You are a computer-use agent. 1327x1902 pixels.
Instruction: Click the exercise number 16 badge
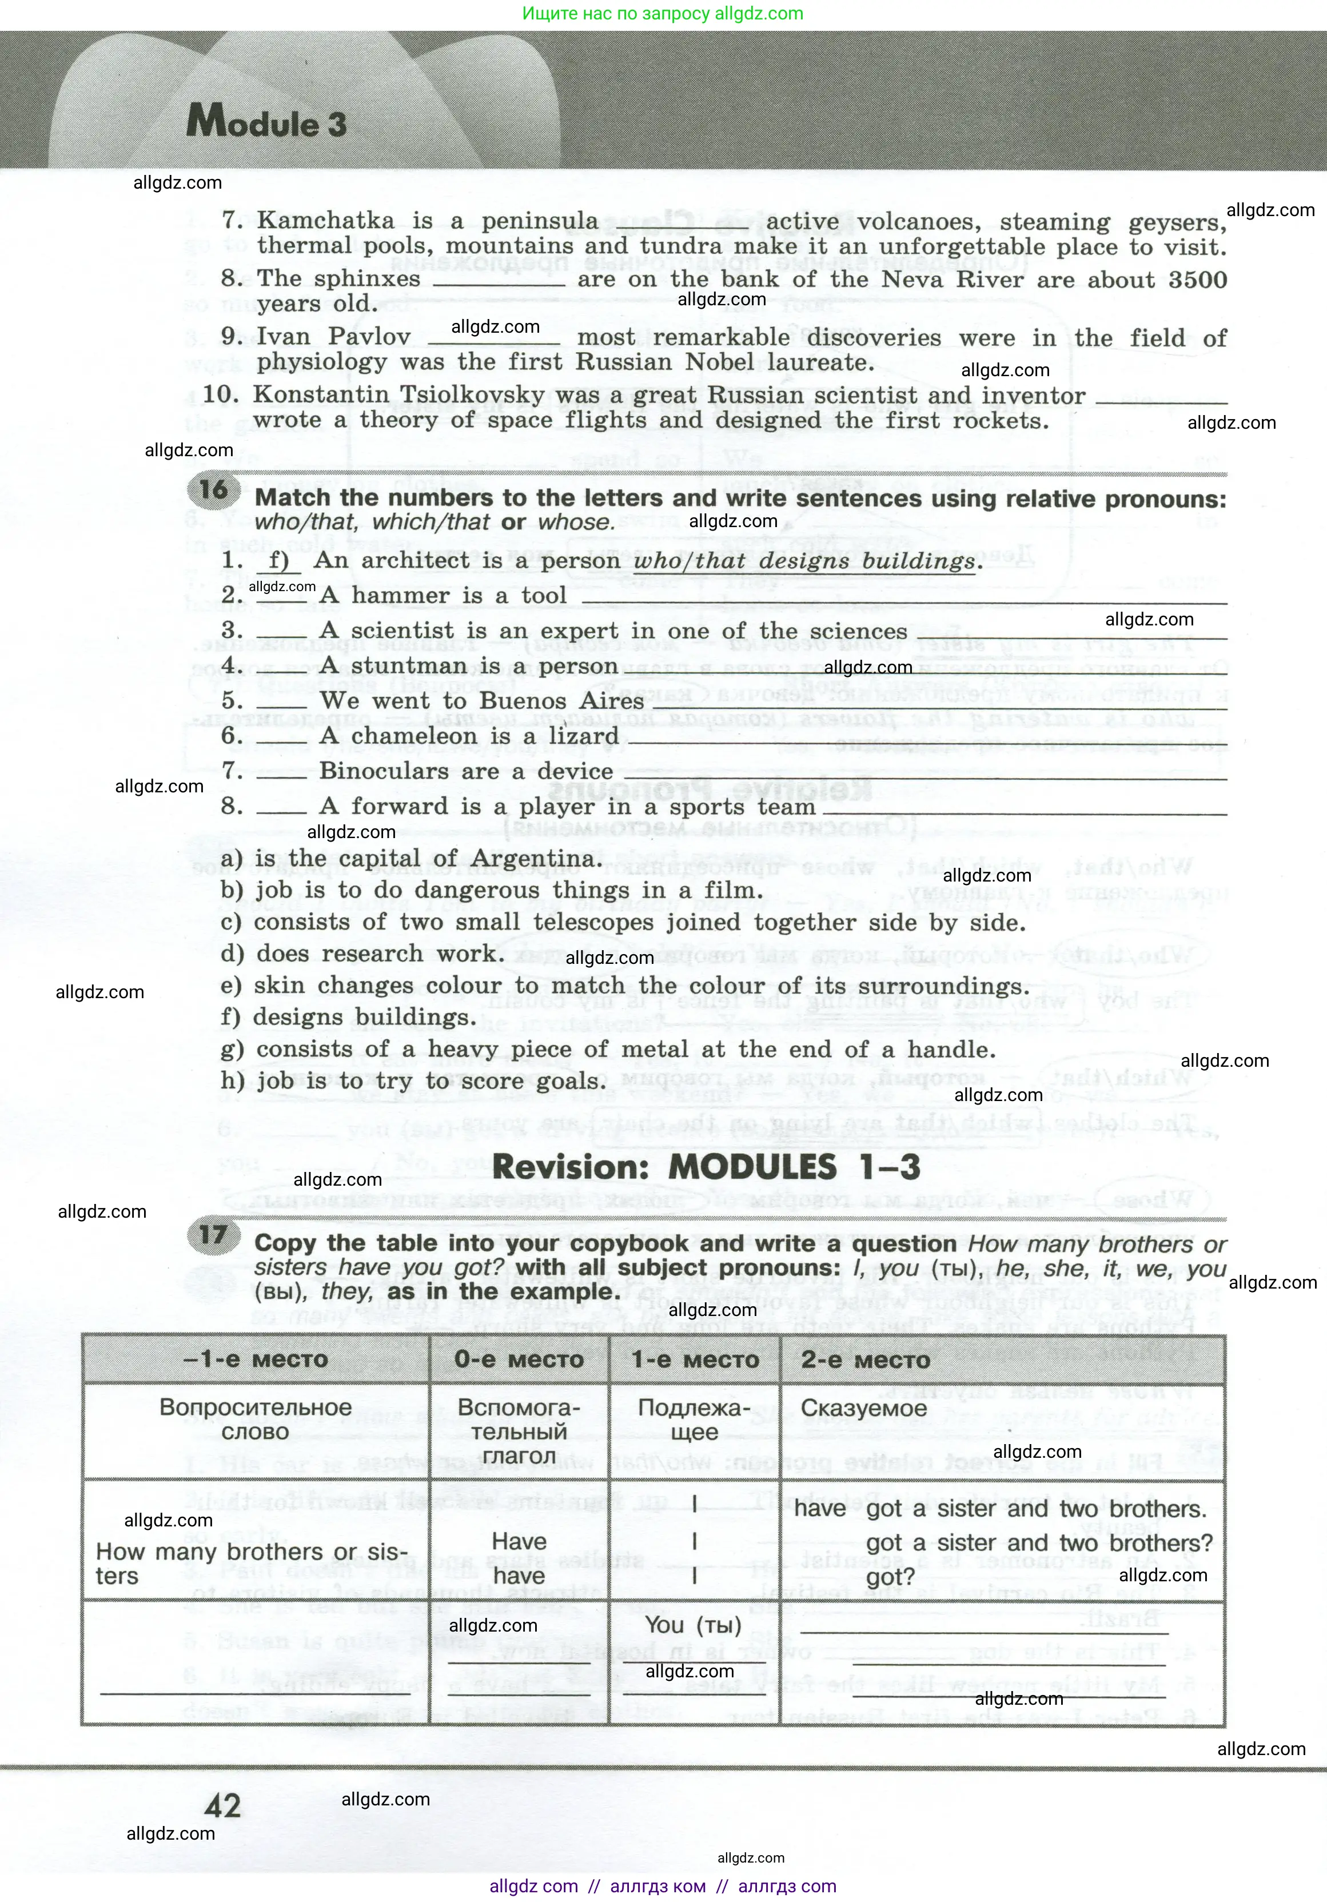(x=213, y=489)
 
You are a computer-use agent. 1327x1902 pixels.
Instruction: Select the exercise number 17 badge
(x=213, y=1235)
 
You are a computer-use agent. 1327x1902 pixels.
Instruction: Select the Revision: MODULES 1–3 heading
(x=706, y=1167)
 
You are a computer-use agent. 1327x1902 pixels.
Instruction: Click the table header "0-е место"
(x=519, y=1359)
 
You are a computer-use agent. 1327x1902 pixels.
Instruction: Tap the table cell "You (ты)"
(x=694, y=1625)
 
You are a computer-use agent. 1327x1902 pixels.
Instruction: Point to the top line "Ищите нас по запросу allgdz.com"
(x=663, y=13)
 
